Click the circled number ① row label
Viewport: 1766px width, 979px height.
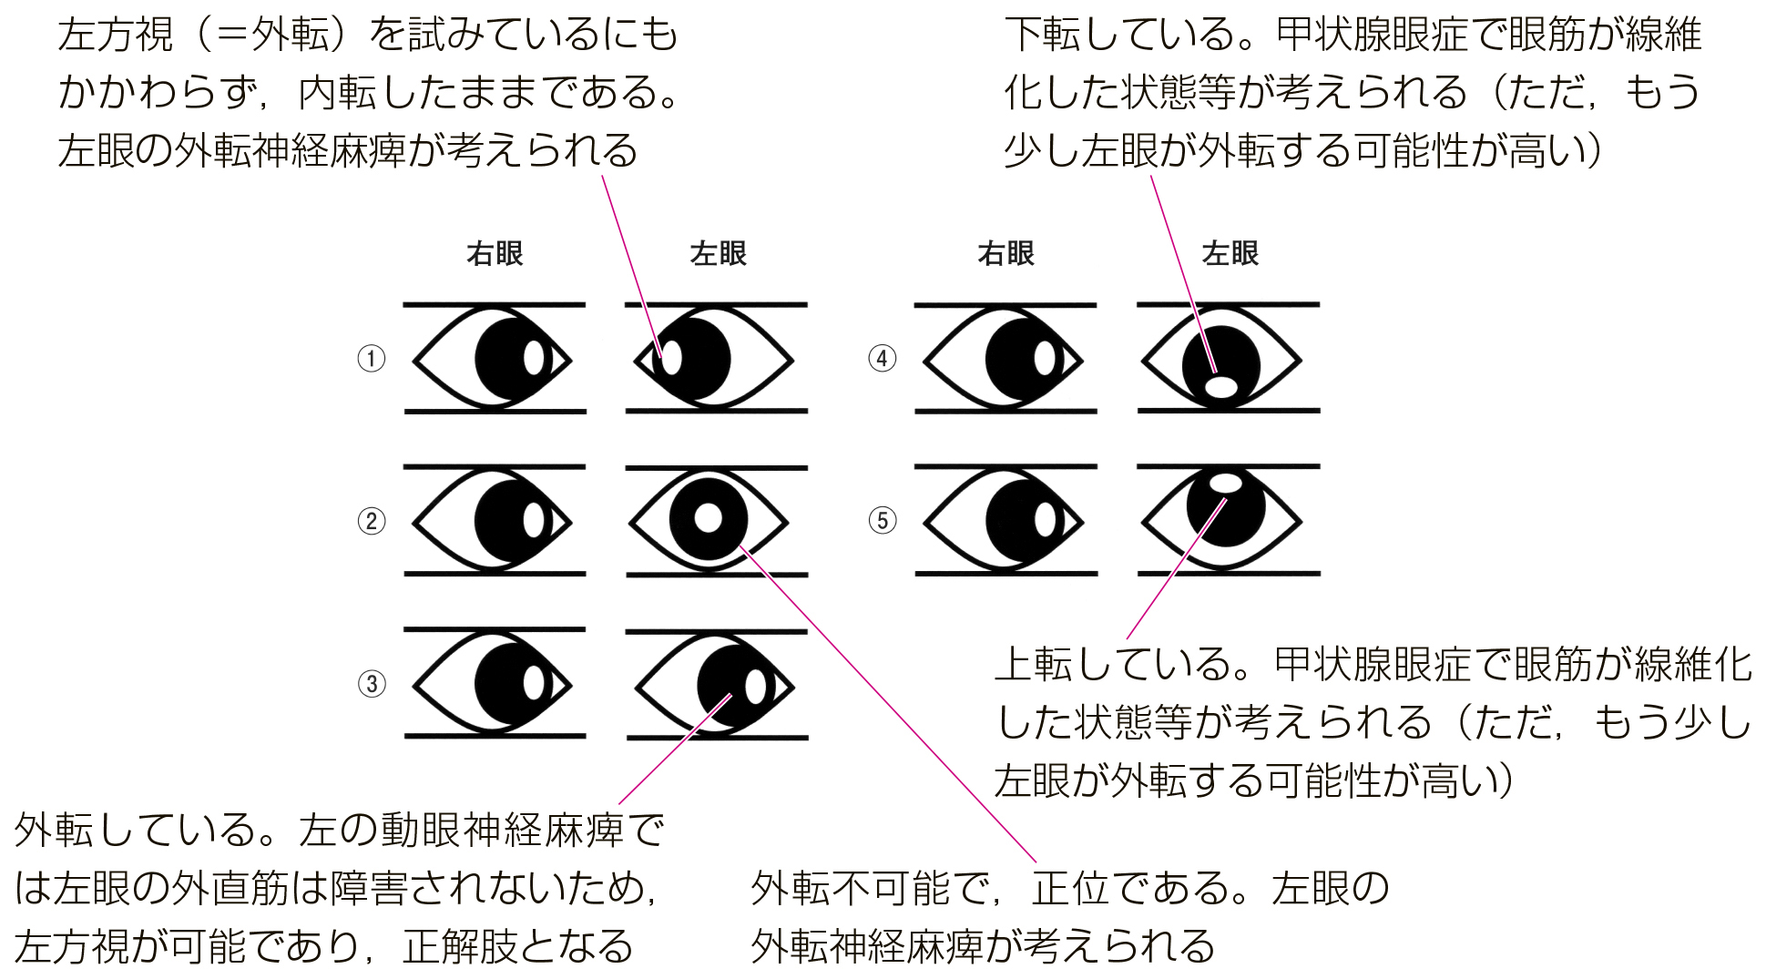tap(371, 358)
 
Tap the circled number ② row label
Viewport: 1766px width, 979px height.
tap(371, 521)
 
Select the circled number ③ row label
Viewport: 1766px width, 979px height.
tap(371, 683)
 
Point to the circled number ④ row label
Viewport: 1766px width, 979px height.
tap(882, 358)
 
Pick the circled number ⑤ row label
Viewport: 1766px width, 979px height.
tap(882, 521)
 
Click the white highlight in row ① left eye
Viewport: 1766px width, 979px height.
tap(670, 358)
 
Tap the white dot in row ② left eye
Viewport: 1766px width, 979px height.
tap(708, 519)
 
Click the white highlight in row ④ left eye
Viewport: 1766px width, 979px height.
tap(1221, 387)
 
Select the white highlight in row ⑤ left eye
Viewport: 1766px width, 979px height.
tap(1226, 483)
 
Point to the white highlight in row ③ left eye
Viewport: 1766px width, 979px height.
tap(755, 687)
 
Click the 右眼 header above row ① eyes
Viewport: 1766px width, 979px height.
tap(495, 253)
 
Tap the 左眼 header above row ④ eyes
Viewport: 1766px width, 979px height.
tap(1230, 253)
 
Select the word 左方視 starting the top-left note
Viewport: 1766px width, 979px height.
tap(116, 35)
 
